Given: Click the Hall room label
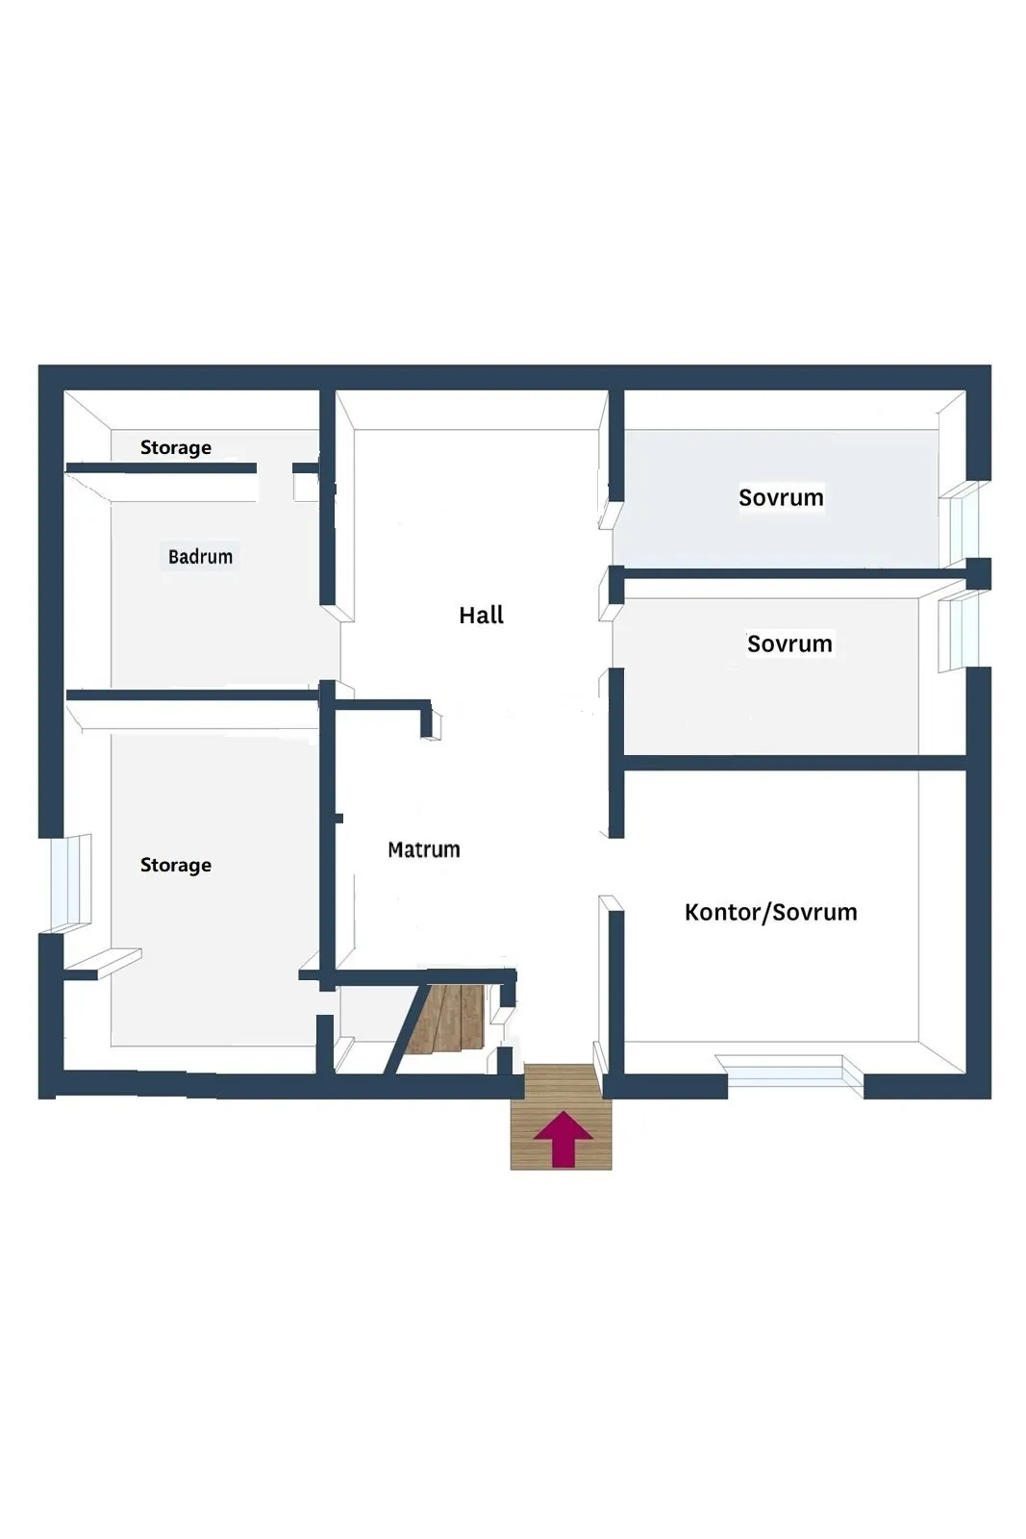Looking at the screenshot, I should (x=481, y=616).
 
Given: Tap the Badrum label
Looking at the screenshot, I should (x=200, y=557).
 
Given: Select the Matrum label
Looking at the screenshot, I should (x=423, y=849).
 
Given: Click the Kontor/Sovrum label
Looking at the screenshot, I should (x=770, y=912).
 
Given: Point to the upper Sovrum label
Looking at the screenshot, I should (x=781, y=498).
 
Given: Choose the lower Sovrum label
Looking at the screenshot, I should (x=789, y=643).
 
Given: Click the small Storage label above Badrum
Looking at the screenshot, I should (x=175, y=447).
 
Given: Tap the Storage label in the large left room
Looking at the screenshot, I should (x=175, y=865).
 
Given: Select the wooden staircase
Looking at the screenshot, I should (x=444, y=1020).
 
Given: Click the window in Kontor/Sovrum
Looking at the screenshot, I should (x=794, y=1072).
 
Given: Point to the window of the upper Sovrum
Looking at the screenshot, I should (x=962, y=524).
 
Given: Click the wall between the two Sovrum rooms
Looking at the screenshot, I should (x=788, y=573).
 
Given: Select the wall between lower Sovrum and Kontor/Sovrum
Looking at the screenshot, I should (x=794, y=763).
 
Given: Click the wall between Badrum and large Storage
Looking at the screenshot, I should (x=192, y=694).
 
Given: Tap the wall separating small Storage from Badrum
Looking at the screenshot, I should (x=161, y=468).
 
